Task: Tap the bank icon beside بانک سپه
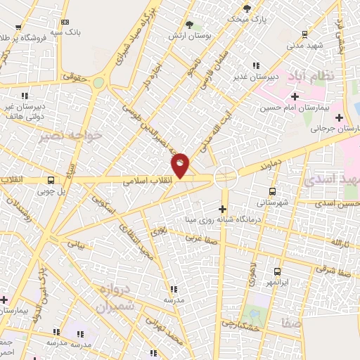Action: pyautogui.click(x=65, y=22)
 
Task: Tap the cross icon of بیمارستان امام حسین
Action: pyautogui.click(x=295, y=96)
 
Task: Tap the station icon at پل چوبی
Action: pyautogui.click(x=51, y=180)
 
